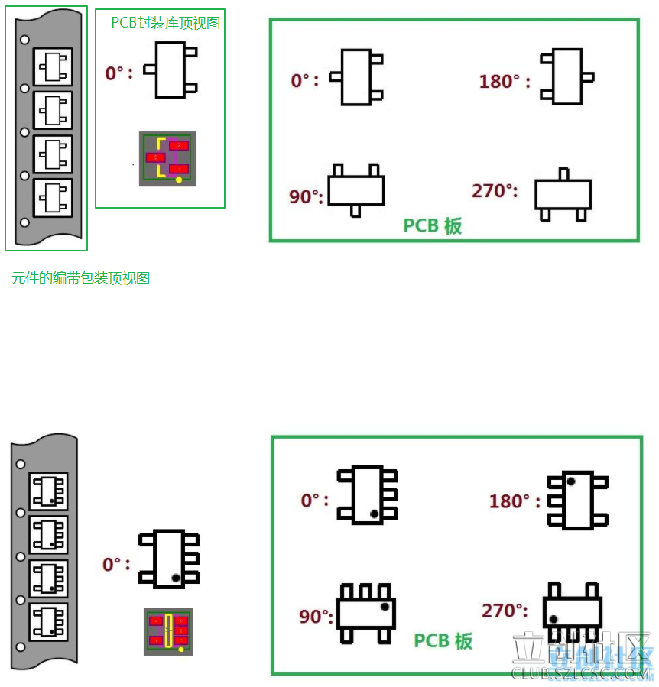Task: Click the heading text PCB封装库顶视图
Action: [x=165, y=23]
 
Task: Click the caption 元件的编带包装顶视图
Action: [x=80, y=278]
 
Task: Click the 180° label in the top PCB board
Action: [x=505, y=81]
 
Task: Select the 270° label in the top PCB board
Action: [x=495, y=190]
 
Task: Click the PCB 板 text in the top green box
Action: [x=433, y=225]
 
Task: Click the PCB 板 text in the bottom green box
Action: [x=443, y=640]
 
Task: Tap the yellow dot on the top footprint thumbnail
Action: [x=179, y=180]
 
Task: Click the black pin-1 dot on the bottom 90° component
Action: [x=385, y=606]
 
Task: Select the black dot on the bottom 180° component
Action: [x=570, y=482]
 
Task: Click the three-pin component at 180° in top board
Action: [x=566, y=76]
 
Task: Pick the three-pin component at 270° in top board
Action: [x=563, y=195]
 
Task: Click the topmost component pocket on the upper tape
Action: [x=53, y=67]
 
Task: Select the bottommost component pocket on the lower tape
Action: [x=48, y=622]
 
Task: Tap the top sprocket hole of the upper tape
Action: [x=24, y=39]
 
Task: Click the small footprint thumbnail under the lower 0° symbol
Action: [x=168, y=631]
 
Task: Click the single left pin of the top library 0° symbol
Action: [x=150, y=70]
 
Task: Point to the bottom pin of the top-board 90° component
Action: [x=356, y=210]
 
